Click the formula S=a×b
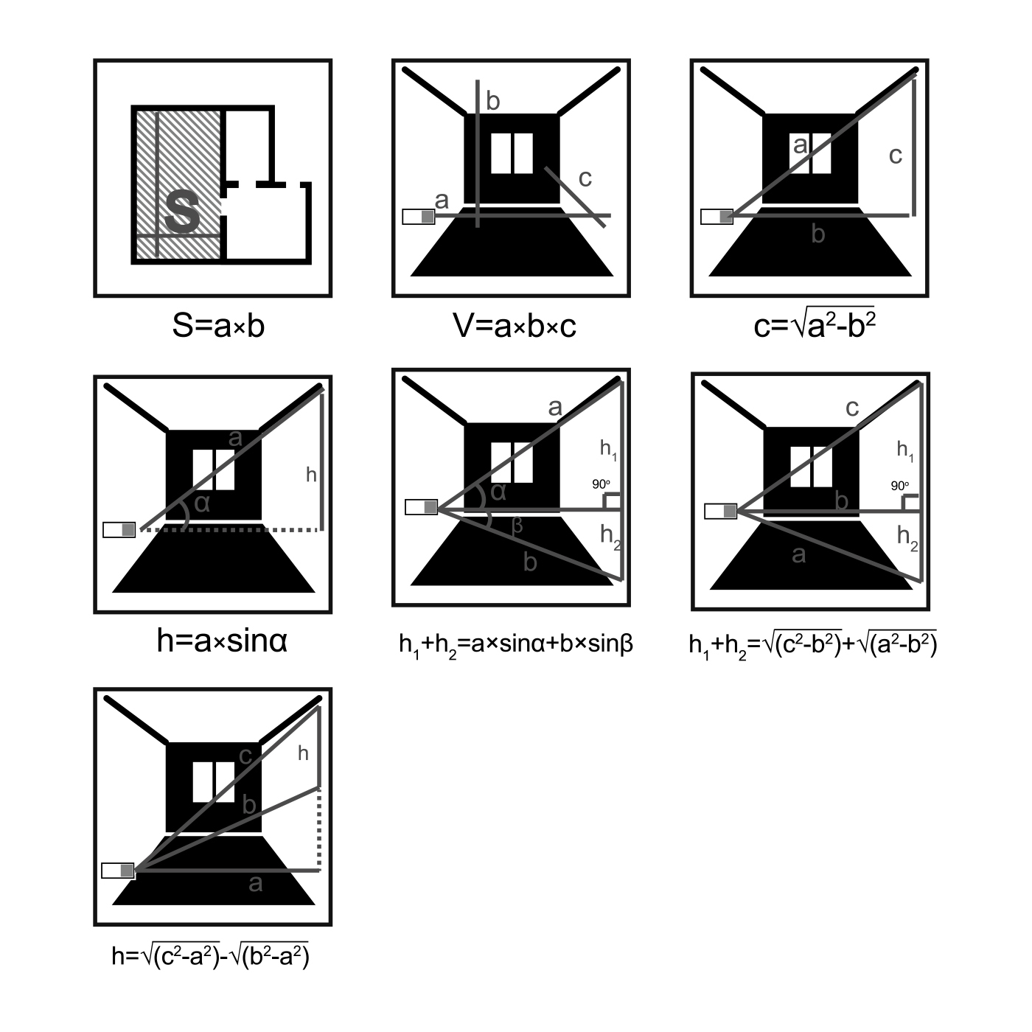click(x=218, y=325)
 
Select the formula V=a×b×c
click(x=515, y=325)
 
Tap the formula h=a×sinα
click(x=223, y=641)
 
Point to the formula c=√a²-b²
click(x=815, y=324)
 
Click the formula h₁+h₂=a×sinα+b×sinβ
click(x=516, y=645)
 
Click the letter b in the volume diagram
click(x=492, y=101)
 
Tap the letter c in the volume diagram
click(x=585, y=178)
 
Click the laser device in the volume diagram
click(x=419, y=217)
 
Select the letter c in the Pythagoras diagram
click(x=896, y=156)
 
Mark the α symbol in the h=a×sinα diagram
click(x=202, y=504)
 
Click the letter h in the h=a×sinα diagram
click(x=311, y=475)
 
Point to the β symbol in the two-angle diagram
click(x=517, y=526)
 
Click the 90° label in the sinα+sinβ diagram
click(x=601, y=484)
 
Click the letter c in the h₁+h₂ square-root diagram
click(x=852, y=408)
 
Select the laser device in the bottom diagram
click(x=119, y=871)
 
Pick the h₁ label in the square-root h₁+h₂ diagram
click(x=905, y=451)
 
